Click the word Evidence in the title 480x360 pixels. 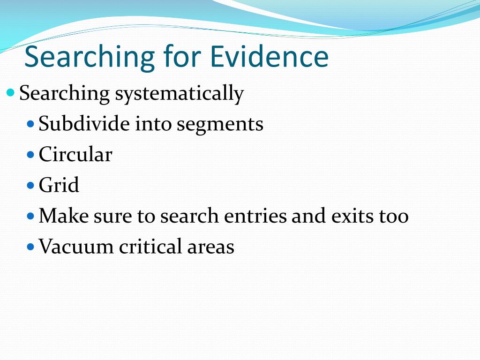tap(270, 56)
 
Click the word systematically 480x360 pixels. tap(180, 93)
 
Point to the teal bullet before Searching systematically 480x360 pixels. tap(10, 92)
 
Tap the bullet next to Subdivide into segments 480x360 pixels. tap(31, 124)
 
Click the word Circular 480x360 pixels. tap(75, 154)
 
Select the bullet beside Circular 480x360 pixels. tap(31, 154)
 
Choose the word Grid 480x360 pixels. tap(59, 185)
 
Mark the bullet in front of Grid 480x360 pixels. tap(31, 185)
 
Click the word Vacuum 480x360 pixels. tap(76, 246)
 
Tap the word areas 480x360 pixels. tap(211, 247)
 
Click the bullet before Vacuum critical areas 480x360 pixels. tap(31, 247)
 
